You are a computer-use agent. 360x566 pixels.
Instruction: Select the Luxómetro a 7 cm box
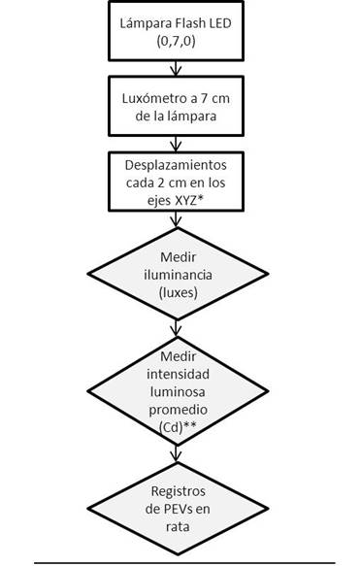pos(176,103)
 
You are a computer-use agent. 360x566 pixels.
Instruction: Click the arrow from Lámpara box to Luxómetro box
pos(176,67)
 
